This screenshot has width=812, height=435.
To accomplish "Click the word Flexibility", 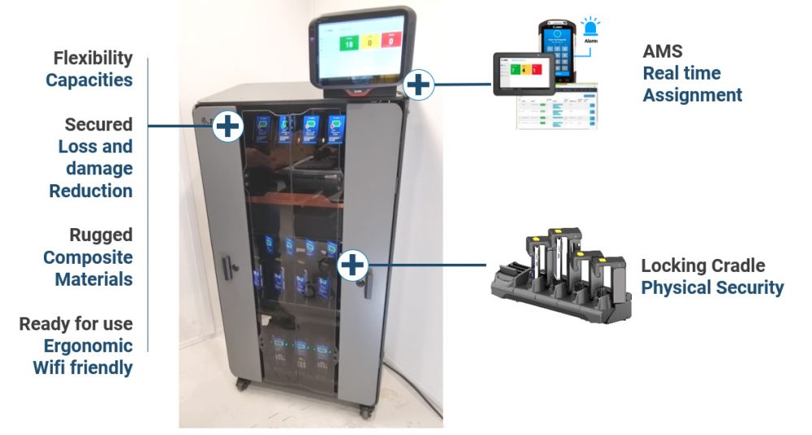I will point(93,58).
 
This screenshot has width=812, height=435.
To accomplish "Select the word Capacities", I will point(89,80).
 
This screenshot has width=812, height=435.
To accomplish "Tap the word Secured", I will point(98,125).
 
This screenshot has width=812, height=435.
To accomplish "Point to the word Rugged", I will point(101,235).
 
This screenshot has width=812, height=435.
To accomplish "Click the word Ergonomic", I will point(88,346).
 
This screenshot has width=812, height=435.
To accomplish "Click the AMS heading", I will point(663,52).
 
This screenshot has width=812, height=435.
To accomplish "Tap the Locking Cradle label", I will point(702,266).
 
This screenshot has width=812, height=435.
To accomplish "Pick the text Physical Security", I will point(712,287).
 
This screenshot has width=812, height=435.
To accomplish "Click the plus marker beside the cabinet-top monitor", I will point(419,83).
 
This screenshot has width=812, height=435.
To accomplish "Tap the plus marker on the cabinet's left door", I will point(227,126).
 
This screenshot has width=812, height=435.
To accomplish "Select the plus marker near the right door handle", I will point(353,264).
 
